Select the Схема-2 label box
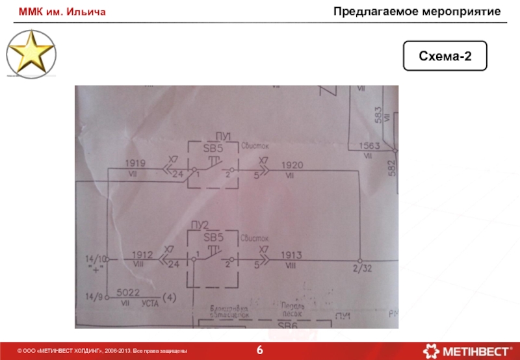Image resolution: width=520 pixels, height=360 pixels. (x=445, y=57)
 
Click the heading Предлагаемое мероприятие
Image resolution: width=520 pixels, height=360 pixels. (x=426, y=12)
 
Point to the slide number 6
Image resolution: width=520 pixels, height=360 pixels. (x=260, y=350)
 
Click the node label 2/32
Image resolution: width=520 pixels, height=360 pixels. (x=361, y=268)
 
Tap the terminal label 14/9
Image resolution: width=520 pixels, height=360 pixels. (x=94, y=298)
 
